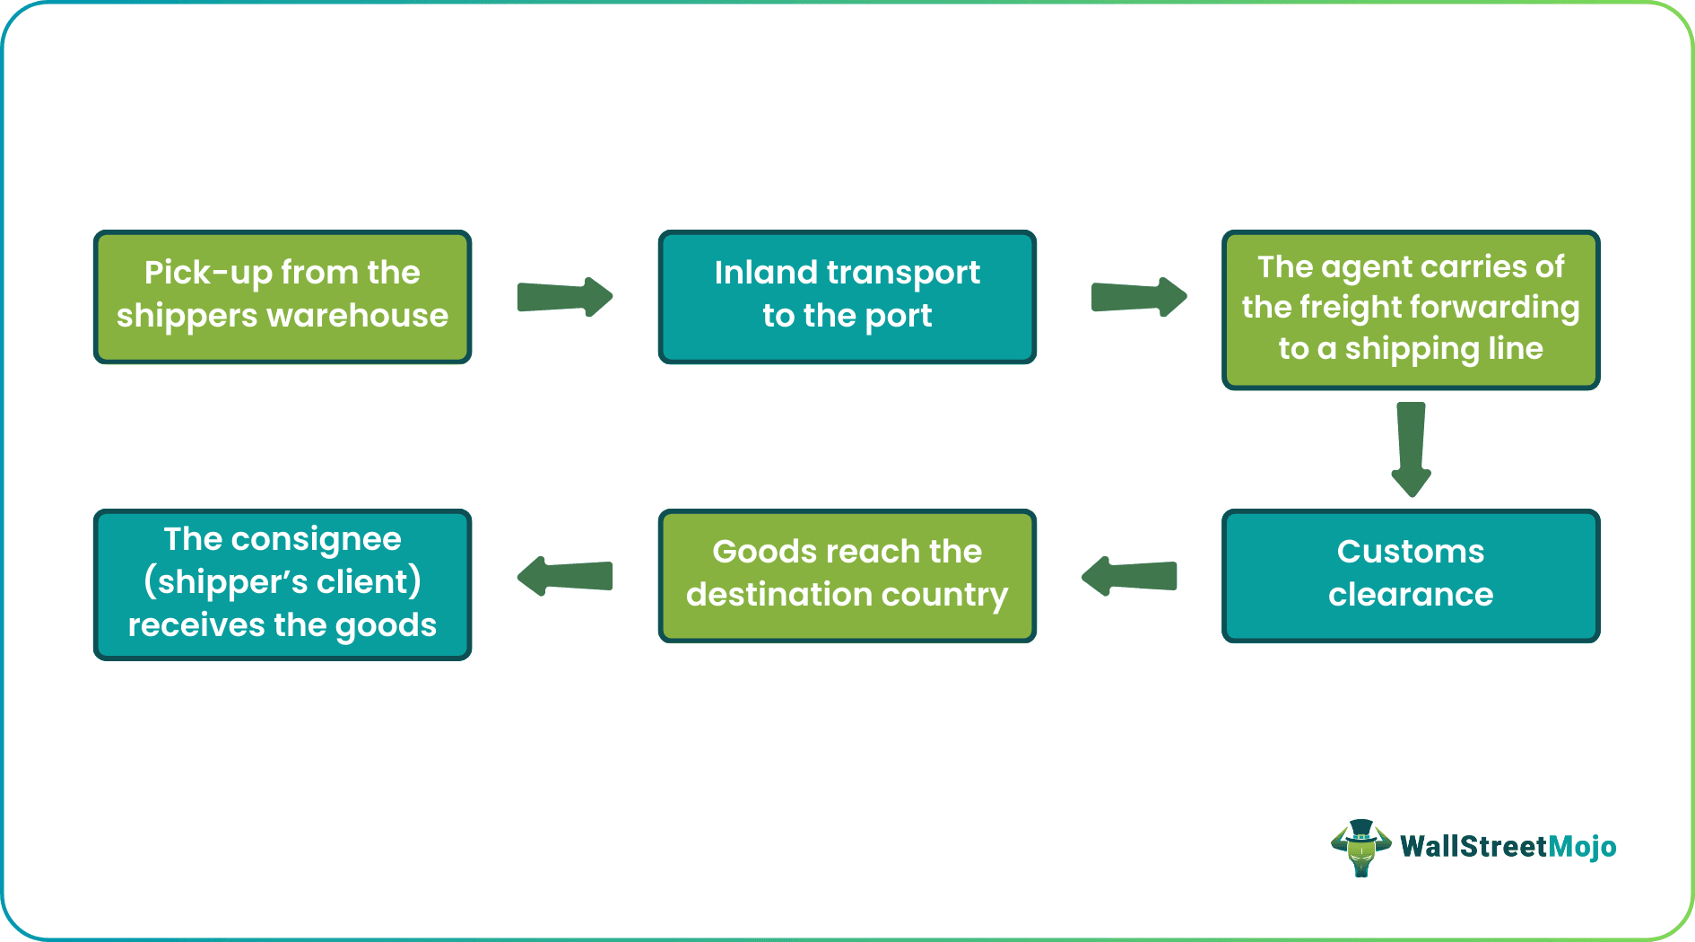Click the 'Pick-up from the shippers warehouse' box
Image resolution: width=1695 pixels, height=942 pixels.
point(282,297)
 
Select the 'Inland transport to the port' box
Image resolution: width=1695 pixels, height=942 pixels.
point(847,297)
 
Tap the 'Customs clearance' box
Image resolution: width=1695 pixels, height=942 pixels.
point(1410,576)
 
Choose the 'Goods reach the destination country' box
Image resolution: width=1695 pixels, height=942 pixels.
point(847,576)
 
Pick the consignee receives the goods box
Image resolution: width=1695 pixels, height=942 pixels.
point(282,585)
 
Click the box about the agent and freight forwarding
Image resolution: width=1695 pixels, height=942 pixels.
point(1410,310)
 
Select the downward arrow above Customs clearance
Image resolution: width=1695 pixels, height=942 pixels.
point(1411,449)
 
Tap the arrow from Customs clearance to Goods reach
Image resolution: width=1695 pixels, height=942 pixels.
point(1130,576)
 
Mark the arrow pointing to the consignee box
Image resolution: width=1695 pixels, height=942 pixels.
point(565,576)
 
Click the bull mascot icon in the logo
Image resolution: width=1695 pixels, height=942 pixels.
point(1360,847)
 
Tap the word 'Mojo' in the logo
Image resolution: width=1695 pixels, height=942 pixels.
point(1583,847)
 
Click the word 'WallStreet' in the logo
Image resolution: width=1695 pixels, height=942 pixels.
point(1473,847)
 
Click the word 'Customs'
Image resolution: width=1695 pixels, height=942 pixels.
point(1410,552)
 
